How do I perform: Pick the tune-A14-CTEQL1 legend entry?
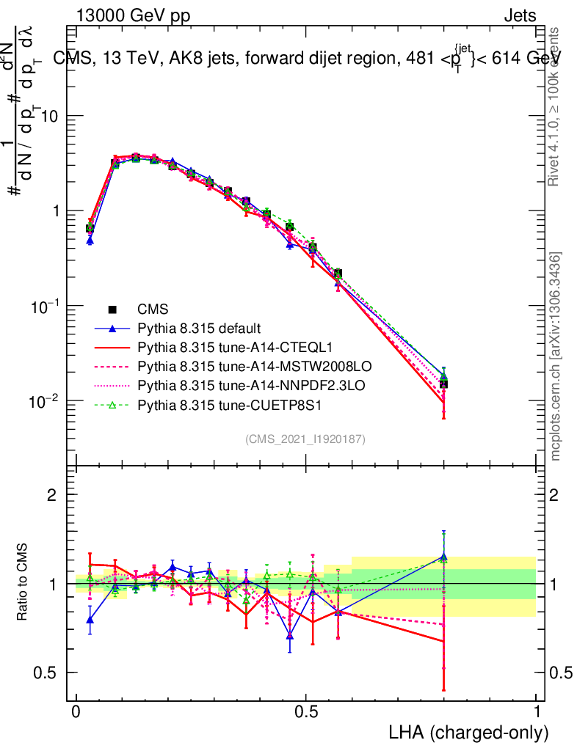pos(224,345)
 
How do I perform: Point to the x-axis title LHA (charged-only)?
pos(468,731)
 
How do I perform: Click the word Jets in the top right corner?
pos(519,16)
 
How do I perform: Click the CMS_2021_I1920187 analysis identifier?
pos(305,439)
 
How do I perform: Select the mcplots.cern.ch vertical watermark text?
pos(556,357)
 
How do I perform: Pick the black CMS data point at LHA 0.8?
pos(443,384)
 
